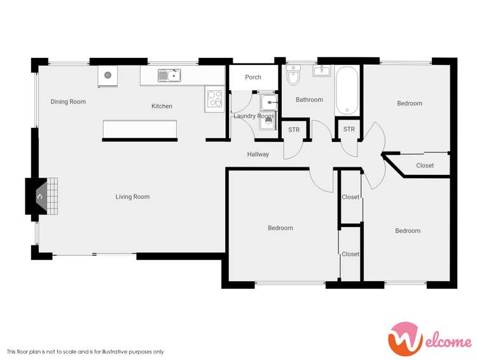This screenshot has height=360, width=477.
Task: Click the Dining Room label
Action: coord(68,102)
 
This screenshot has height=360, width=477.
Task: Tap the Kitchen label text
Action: coord(162,106)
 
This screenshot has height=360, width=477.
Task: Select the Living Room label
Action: coord(132,197)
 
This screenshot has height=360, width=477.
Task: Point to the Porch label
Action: coord(253,78)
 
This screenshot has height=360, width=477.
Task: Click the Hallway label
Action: coord(258,155)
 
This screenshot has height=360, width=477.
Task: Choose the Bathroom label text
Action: coord(309,100)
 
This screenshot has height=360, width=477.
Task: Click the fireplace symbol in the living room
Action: coord(39,197)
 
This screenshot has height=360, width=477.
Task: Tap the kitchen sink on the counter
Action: coord(169,76)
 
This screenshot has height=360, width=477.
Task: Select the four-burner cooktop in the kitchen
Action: coord(215,99)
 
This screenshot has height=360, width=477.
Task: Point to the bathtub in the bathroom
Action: coord(347,90)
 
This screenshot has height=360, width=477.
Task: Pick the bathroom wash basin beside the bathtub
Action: coord(322,71)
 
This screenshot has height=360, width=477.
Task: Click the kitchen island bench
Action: coord(140,129)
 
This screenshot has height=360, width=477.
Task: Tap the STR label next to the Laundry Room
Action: coord(294,130)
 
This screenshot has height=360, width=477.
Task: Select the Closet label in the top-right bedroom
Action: coord(425,166)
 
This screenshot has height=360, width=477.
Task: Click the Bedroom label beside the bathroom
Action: coord(410,104)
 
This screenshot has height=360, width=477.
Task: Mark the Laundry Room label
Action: coord(252,116)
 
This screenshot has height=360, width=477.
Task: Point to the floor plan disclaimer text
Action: coord(85,352)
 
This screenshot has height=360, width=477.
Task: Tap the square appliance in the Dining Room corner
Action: coord(107,76)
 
